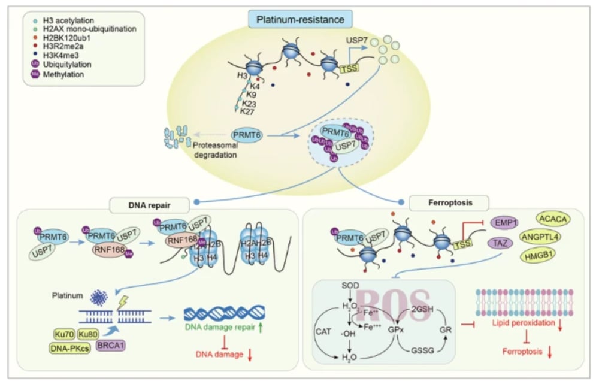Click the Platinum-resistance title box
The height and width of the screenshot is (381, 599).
[x=300, y=20]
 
